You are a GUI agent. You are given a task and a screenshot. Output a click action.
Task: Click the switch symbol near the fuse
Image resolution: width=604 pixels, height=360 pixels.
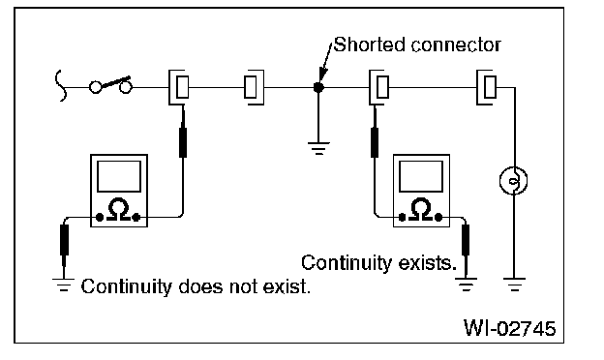tap(110, 85)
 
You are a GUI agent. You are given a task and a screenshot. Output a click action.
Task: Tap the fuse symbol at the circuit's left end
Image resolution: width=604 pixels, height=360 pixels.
tap(60, 85)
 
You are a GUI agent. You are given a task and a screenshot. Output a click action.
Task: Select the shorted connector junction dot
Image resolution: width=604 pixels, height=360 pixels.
tap(318, 87)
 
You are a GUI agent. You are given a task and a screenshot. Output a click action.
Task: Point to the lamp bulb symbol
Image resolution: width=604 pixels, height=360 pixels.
tap(513, 180)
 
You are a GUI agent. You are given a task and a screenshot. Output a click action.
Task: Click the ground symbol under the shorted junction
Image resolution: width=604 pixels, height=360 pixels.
tap(318, 148)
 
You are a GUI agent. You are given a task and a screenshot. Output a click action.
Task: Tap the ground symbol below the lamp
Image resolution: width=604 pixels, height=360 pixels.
tap(514, 285)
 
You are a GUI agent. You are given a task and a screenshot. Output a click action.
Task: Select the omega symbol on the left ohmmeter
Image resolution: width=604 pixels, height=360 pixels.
tap(118, 209)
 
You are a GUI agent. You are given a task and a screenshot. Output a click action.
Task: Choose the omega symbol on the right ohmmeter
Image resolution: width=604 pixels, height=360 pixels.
tap(421, 209)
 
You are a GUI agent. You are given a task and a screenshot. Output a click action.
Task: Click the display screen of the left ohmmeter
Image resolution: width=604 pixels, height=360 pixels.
tap(119, 176)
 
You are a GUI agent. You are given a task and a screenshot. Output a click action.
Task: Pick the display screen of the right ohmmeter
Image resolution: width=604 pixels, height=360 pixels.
tap(421, 176)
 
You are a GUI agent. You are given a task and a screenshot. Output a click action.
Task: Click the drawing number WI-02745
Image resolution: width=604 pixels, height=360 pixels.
tap(509, 328)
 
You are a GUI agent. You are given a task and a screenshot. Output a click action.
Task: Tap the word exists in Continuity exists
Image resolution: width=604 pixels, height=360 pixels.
tap(427, 263)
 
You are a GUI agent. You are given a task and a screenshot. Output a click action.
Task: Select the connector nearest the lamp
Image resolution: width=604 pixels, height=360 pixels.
tap(487, 87)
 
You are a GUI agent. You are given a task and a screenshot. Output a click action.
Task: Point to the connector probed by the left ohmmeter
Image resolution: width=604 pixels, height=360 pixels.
tap(179, 87)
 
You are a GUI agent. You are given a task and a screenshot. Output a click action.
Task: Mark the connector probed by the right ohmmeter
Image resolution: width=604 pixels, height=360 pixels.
tap(379, 87)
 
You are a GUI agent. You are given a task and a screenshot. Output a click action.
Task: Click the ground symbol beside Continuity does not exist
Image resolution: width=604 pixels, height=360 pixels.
tap(64, 285)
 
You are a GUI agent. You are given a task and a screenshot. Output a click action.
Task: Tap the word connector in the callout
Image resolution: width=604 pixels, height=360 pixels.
tap(456, 45)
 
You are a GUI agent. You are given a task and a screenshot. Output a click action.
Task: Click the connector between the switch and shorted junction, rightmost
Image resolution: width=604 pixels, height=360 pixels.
tap(254, 87)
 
